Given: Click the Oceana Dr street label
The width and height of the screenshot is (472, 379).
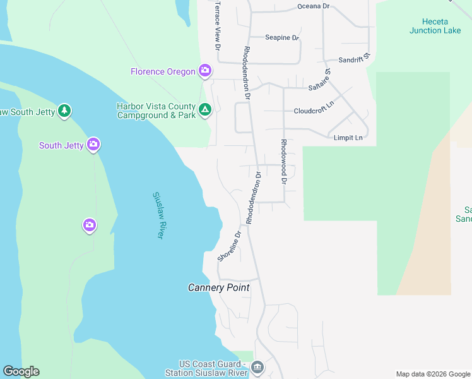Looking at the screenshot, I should [314, 6].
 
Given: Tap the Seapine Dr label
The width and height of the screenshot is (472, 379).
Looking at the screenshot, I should [281, 37].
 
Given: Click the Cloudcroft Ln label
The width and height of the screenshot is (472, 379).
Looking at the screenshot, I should [314, 111].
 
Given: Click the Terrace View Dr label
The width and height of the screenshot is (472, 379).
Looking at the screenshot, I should [218, 25].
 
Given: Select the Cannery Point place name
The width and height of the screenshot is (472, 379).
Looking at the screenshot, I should [219, 287].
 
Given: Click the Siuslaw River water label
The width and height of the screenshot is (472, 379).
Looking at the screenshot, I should [158, 215].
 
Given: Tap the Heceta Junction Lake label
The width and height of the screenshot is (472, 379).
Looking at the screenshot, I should [435, 25].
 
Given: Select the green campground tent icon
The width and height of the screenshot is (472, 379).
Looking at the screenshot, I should [204, 111].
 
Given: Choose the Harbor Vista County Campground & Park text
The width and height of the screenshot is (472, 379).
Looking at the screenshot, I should [156, 111].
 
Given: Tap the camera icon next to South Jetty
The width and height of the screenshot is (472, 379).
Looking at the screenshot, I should [93, 145].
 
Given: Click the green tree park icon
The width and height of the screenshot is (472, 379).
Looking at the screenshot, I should [64, 111].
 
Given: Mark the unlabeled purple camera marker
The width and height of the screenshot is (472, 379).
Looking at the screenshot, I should [90, 224].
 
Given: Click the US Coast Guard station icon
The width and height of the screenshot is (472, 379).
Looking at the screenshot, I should [257, 367].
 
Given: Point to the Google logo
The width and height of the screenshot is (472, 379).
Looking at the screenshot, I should [21, 371].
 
